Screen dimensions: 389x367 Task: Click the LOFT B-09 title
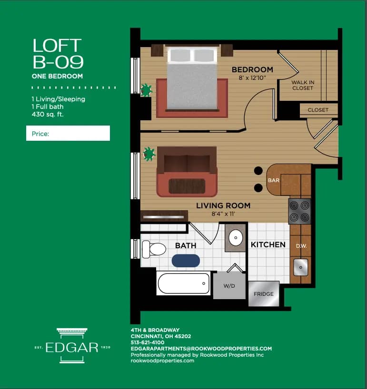58,54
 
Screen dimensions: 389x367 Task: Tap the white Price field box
68,134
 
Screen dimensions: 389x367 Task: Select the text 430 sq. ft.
48,114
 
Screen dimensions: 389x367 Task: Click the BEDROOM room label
252,70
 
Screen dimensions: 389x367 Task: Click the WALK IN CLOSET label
303,85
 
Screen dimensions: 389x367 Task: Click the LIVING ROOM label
223,206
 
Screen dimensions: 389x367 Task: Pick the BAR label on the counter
274,181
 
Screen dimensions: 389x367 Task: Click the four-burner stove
300,211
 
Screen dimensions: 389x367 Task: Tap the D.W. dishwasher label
301,246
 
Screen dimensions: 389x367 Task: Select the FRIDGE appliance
263,294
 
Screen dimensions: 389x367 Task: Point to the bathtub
183,283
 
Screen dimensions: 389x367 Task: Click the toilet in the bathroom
153,249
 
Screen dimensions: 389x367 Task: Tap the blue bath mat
186,261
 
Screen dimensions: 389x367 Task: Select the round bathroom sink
235,237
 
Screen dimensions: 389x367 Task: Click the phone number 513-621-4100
148,342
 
